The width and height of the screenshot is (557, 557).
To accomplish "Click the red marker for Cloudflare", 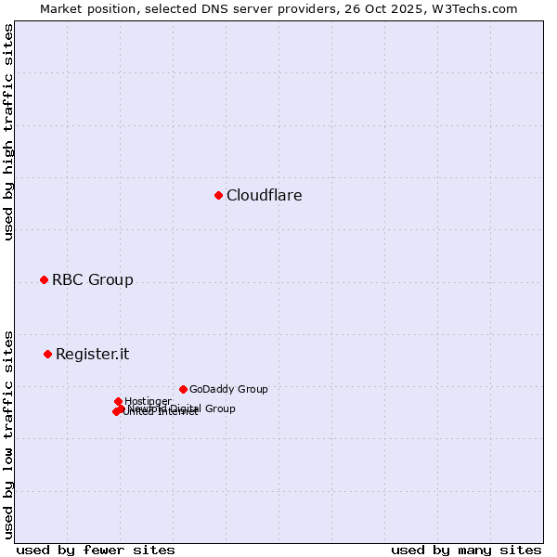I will point(218,195).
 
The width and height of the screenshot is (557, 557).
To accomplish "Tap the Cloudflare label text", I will point(264,196).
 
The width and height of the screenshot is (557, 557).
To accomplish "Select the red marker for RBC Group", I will point(44,280).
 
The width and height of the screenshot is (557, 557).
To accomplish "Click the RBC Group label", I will point(92,280).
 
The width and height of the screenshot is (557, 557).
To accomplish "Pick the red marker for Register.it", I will point(47,354).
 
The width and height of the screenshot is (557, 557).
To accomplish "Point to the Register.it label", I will point(92,355).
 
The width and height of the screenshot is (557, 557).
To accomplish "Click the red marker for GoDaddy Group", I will point(183,389).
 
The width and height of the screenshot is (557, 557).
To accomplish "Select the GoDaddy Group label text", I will point(228,390).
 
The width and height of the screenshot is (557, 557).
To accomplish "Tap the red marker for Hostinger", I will point(118,401).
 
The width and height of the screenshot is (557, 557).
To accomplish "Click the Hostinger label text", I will point(148,402).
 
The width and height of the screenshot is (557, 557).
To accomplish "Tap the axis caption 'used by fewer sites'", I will point(96,550).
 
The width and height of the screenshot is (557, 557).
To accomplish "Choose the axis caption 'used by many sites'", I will point(466,550).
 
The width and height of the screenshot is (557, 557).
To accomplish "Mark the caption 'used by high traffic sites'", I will point(8,132).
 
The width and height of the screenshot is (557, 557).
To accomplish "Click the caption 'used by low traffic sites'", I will point(8,434).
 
